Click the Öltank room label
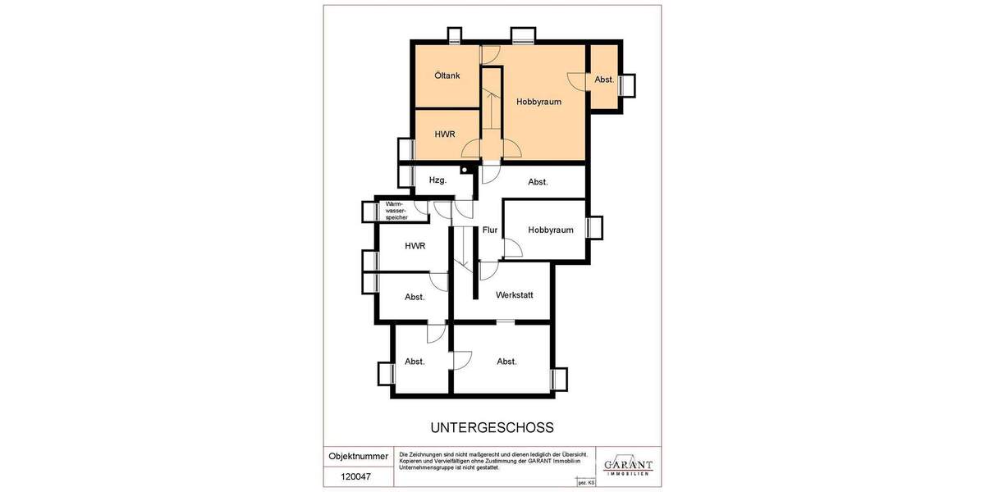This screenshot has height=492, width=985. click(447, 75)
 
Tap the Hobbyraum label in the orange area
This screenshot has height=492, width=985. click(538, 102)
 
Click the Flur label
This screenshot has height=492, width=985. click(490, 230)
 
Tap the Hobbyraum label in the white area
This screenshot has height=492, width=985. click(550, 230)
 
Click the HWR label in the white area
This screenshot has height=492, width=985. click(415, 246)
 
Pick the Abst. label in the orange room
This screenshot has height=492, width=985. click(605, 80)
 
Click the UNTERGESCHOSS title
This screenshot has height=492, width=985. click(492, 427)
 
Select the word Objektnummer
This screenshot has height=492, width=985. click(359, 456)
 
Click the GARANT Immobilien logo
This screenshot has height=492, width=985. click(628, 466)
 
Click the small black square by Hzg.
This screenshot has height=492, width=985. click(465, 170)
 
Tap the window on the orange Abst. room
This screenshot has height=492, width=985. click(627, 85)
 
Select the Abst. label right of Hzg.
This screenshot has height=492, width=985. click(538, 182)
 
